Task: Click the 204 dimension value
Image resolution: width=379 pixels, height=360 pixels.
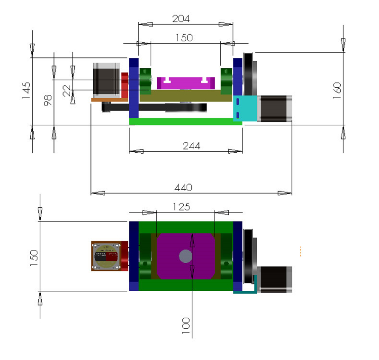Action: pyautogui.click(x=181, y=18)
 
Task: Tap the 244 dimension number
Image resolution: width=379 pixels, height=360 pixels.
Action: pyautogui.click(x=191, y=146)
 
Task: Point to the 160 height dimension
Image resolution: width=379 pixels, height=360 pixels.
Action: pyautogui.click(x=337, y=90)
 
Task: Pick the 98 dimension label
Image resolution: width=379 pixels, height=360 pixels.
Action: pyautogui.click(x=47, y=100)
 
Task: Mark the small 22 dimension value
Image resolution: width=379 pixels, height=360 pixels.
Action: pyautogui.click(x=67, y=90)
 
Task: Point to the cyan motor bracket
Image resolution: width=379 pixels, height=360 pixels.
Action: pyautogui.click(x=245, y=108)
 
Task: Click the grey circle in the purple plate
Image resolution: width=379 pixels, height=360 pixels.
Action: pyautogui.click(x=185, y=256)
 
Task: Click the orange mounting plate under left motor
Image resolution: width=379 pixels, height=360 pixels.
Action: pyautogui.click(x=109, y=99)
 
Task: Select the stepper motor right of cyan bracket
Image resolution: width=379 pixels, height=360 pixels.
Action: pyautogui.click(x=276, y=108)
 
